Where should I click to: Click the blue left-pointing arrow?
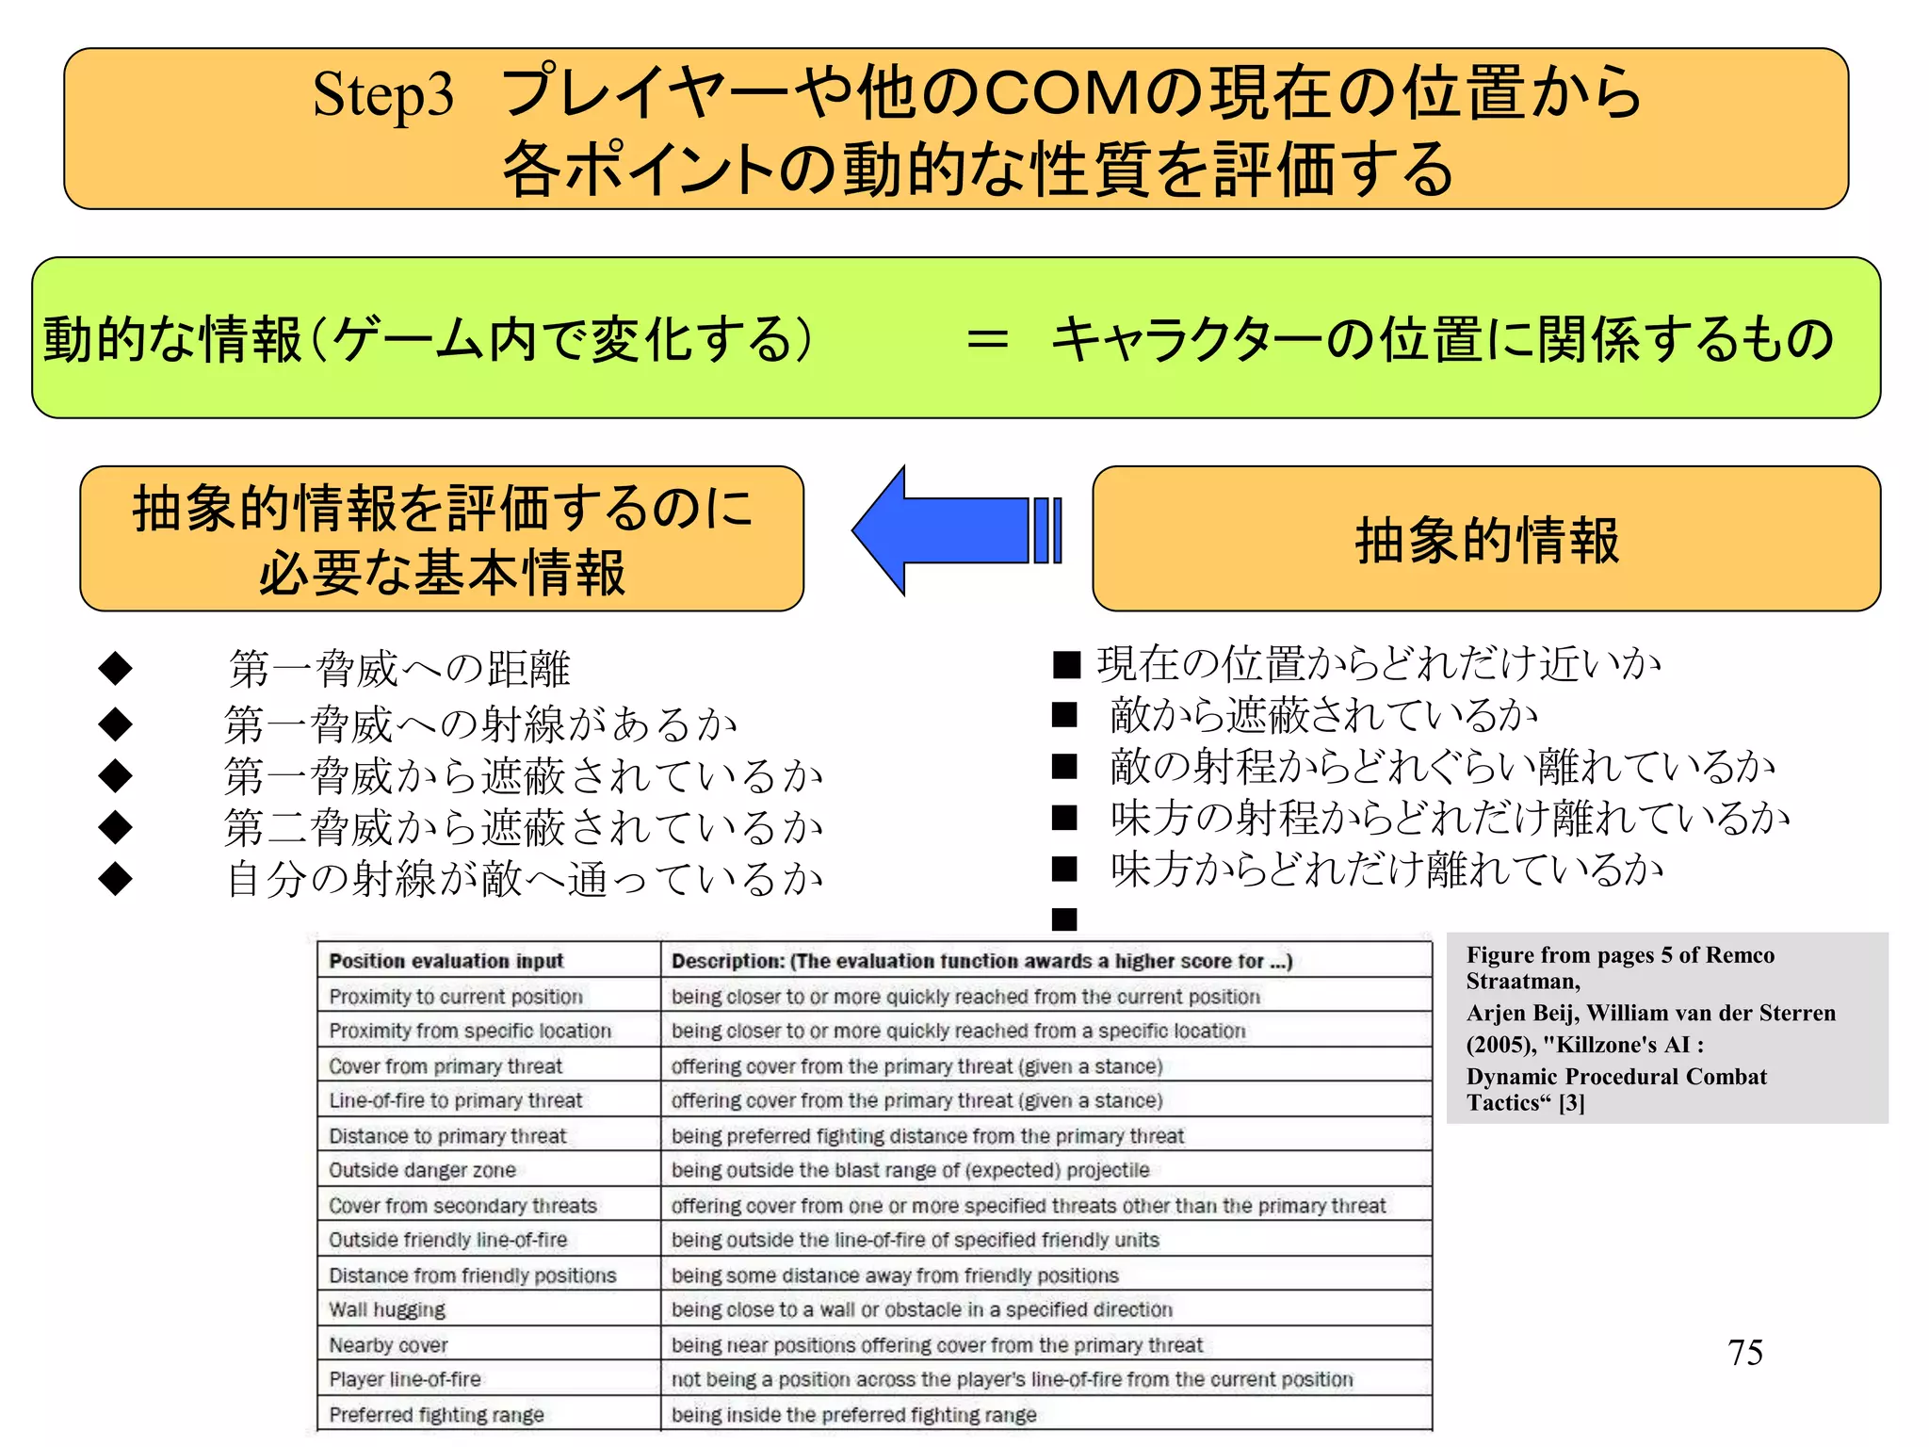pyautogui.click(x=951, y=530)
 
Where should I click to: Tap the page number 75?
pyautogui.click(x=1744, y=1353)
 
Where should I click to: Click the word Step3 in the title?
pyautogui.click(x=382, y=95)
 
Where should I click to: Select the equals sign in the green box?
pyautogui.click(x=987, y=338)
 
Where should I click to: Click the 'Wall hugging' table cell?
pyautogui.click(x=387, y=1309)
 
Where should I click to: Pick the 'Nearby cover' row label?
pyautogui.click(x=388, y=1345)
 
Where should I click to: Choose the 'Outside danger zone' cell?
pyautogui.click(x=422, y=1170)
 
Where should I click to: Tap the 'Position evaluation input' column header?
pyautogui.click(x=446, y=961)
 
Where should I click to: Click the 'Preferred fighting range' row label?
pyautogui.click(x=436, y=1415)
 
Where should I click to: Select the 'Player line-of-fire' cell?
pyautogui.click(x=405, y=1379)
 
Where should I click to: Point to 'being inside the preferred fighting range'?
pyautogui.click(x=853, y=1415)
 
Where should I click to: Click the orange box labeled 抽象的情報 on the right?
pyautogui.click(x=1485, y=539)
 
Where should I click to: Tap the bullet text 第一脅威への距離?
pyautogui.click(x=398, y=669)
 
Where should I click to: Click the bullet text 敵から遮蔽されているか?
pyautogui.click(x=1323, y=715)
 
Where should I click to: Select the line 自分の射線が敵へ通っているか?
pyautogui.click(x=525, y=879)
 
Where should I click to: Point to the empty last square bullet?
pyautogui.click(x=1064, y=919)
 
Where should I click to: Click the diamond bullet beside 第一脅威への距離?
pyautogui.click(x=116, y=668)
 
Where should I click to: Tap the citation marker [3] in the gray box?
pyautogui.click(x=1572, y=1103)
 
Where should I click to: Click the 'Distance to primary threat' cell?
pyautogui.click(x=447, y=1136)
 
